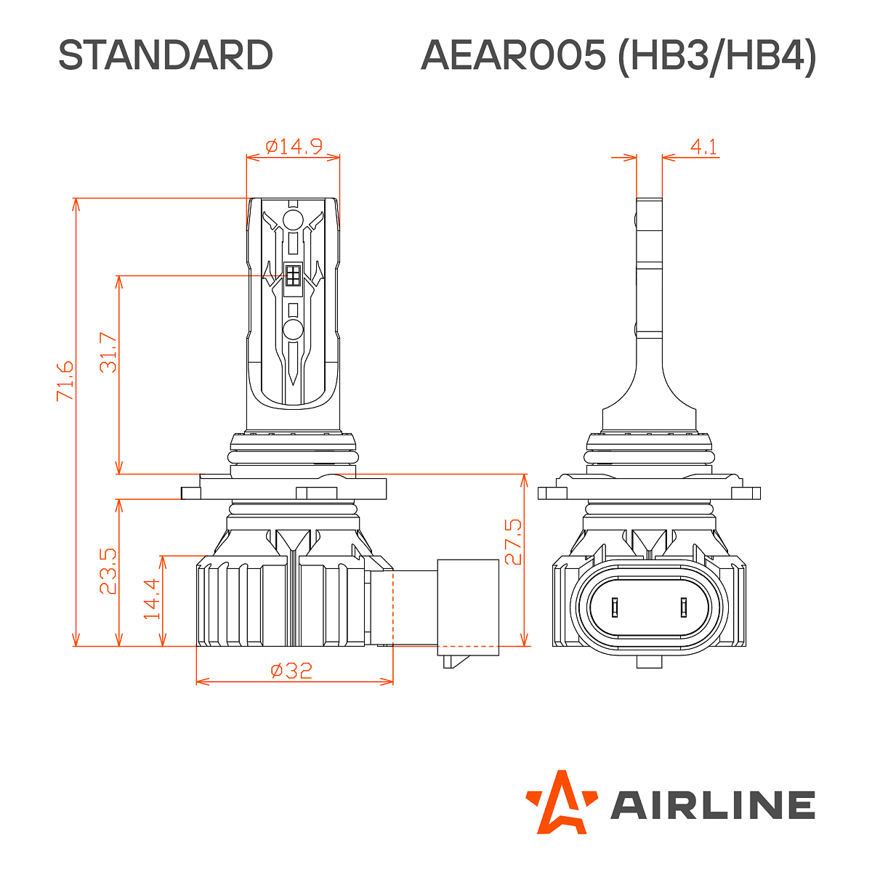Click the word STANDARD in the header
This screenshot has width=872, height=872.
tap(165, 55)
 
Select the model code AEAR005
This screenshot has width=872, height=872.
tap(512, 55)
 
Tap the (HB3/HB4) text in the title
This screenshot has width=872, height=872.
tap(716, 56)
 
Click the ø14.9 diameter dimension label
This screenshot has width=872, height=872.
tap(294, 146)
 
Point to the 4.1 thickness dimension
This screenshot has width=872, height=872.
tap(703, 147)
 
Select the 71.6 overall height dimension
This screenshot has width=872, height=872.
tap(65, 380)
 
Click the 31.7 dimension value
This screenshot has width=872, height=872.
tap(108, 352)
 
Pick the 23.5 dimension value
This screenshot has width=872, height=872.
tap(108, 571)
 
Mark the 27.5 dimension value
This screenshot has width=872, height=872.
tap(513, 541)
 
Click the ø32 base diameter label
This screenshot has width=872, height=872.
tap(291, 670)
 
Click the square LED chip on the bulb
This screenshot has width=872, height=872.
tap(294, 275)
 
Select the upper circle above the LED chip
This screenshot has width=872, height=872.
tap(294, 221)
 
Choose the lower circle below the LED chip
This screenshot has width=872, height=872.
tap(294, 329)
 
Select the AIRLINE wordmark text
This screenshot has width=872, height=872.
tap(712, 805)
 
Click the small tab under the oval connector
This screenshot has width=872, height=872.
tap(649, 661)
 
